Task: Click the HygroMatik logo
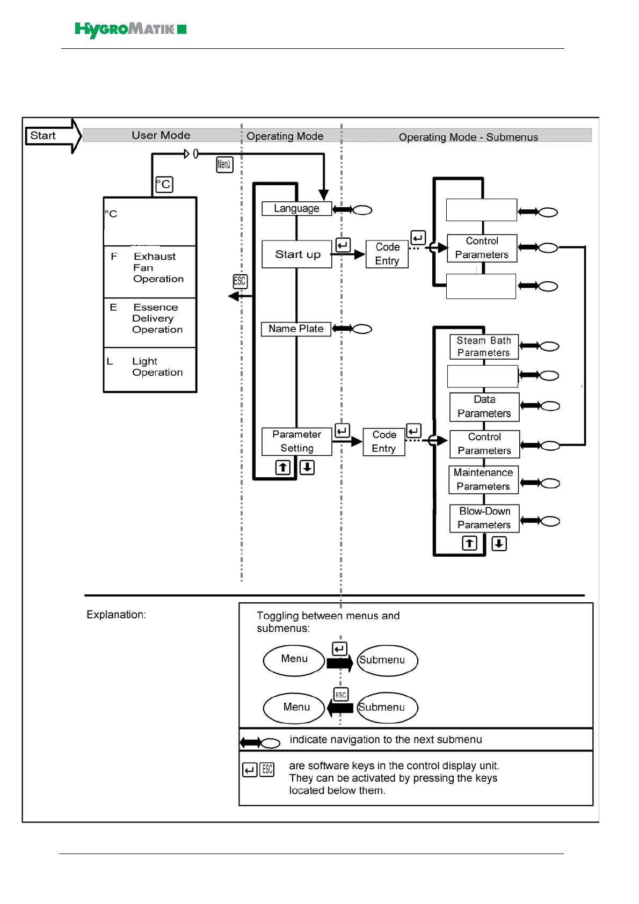click(x=130, y=30)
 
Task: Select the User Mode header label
click(x=161, y=135)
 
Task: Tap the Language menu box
click(x=296, y=208)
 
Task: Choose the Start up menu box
click(x=297, y=254)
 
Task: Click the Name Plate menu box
click(x=296, y=329)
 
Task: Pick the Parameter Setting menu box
click(x=296, y=441)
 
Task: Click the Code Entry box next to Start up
click(x=387, y=254)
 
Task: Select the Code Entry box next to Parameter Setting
click(x=384, y=442)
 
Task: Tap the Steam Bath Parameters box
click(x=484, y=347)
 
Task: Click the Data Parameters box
click(x=484, y=407)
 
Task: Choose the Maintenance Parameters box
click(x=483, y=479)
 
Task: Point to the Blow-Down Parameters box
click(x=484, y=518)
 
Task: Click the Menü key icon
click(x=224, y=164)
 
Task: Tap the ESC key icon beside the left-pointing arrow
click(x=239, y=281)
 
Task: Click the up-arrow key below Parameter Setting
click(x=283, y=468)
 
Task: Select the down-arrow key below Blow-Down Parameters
click(x=499, y=544)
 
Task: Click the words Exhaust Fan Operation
click(x=158, y=268)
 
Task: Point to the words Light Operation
click(x=157, y=367)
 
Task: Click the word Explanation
click(x=116, y=615)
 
